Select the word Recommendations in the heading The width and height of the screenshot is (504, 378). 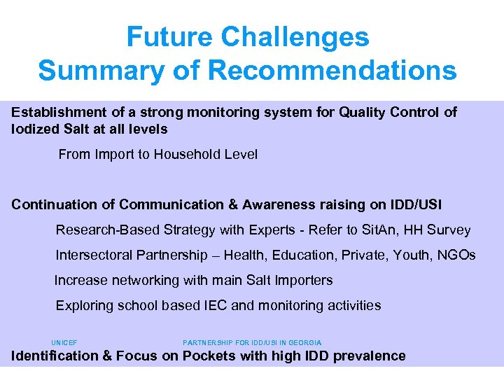pyautogui.click(x=332, y=71)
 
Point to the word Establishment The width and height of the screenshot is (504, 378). pyautogui.click(x=58, y=113)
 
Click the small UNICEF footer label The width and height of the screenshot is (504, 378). pyautogui.click(x=64, y=343)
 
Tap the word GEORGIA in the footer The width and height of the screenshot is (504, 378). pyautogui.click(x=305, y=343)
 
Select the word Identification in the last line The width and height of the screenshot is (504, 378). pyautogui.click(x=55, y=356)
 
